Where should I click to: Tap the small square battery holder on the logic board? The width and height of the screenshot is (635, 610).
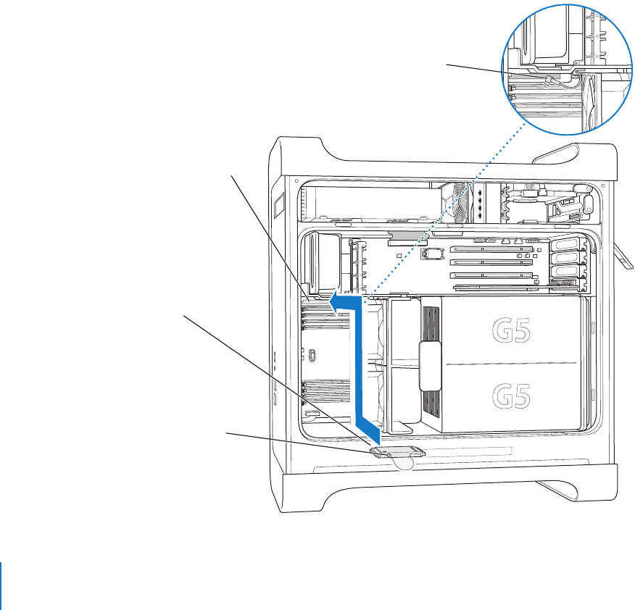click(x=434, y=254)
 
